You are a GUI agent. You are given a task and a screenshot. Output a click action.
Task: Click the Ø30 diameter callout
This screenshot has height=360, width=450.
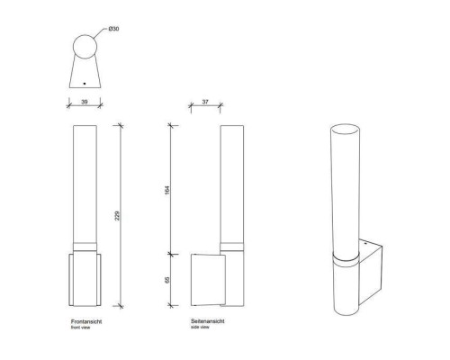pyautogui.click(x=113, y=29)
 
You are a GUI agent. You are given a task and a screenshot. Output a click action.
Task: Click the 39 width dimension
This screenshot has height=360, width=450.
pyautogui.click(x=85, y=102)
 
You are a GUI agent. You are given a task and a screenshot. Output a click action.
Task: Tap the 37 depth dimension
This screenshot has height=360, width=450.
pyautogui.click(x=205, y=102)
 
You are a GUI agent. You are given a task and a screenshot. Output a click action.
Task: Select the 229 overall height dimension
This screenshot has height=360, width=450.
pyautogui.click(x=117, y=216)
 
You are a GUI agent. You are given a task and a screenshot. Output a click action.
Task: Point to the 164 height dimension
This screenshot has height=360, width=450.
pyautogui.click(x=167, y=190)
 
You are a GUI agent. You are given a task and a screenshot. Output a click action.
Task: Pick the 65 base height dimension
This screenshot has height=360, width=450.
pyautogui.click(x=167, y=280)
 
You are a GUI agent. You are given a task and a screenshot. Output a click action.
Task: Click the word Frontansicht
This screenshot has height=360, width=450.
pyautogui.click(x=86, y=321)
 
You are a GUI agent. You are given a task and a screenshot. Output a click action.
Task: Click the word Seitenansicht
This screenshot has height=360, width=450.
pyautogui.click(x=208, y=321)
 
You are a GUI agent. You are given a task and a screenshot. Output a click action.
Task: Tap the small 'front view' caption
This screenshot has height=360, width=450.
pyautogui.click(x=80, y=328)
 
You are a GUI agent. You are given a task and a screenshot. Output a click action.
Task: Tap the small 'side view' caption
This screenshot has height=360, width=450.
pyautogui.click(x=200, y=327)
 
